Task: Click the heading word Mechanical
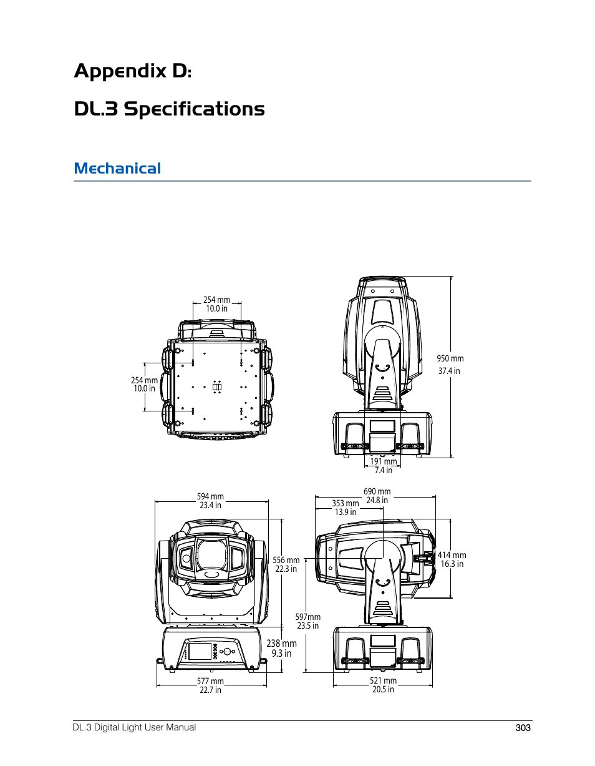click(117, 168)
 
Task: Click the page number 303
click(523, 728)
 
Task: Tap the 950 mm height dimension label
click(450, 358)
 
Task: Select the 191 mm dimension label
click(384, 461)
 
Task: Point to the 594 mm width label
click(210, 496)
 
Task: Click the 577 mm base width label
click(210, 681)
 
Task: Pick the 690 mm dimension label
click(377, 491)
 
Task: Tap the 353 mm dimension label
click(346, 503)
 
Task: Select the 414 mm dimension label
click(452, 555)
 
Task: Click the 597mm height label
click(307, 617)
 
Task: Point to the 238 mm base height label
click(281, 643)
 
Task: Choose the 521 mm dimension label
click(383, 680)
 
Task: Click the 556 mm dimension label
click(286, 560)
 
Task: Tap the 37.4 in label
click(449, 371)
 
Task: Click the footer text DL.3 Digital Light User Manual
click(134, 727)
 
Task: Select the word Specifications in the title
click(194, 109)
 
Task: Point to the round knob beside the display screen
click(227, 651)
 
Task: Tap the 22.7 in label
click(210, 690)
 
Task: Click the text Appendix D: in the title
click(133, 71)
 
